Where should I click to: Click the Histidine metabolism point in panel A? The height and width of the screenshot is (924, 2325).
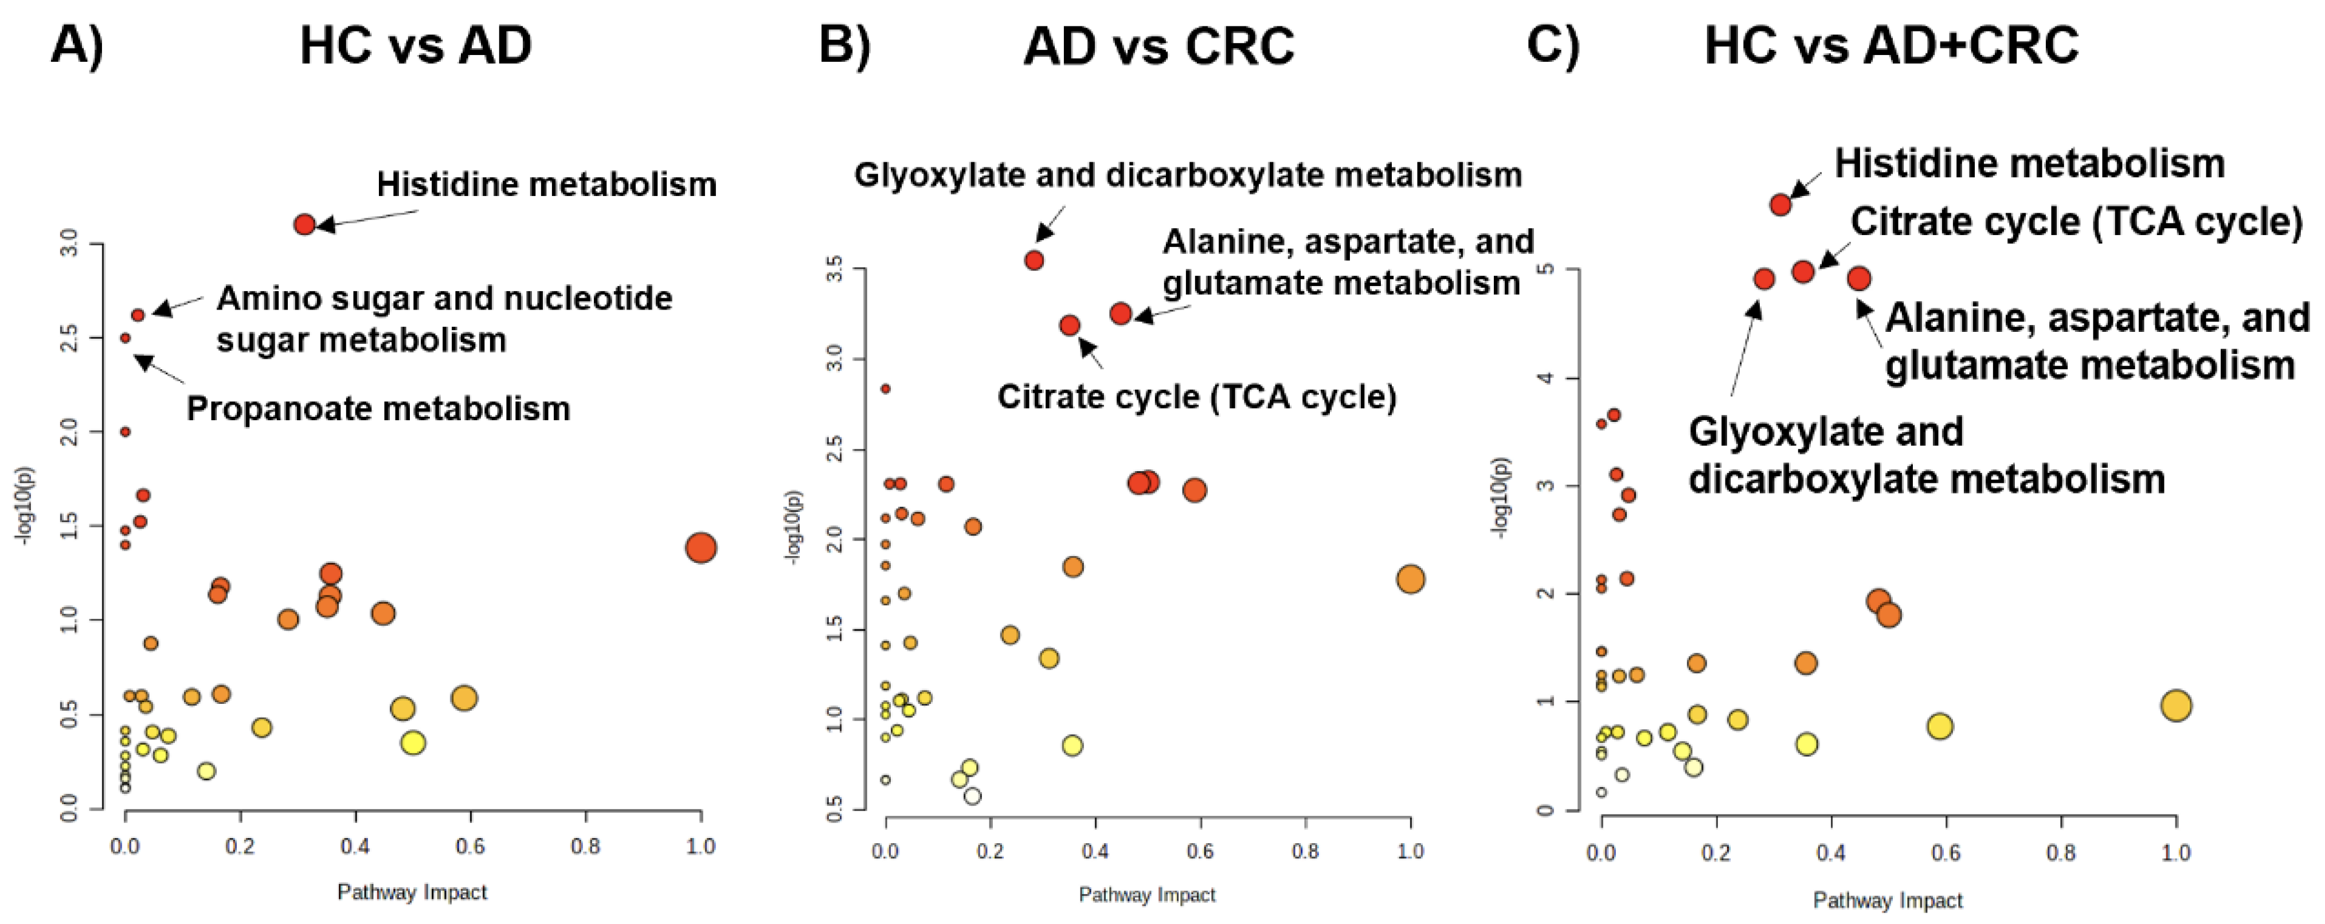point(304,224)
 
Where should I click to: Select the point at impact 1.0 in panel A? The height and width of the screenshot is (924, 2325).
point(700,548)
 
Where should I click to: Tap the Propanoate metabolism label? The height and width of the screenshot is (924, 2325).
point(378,409)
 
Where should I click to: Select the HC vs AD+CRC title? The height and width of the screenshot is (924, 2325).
point(1891,45)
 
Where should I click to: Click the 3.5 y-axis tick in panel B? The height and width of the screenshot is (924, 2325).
point(836,269)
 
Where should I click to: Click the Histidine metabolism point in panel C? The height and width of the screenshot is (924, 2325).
point(1780,205)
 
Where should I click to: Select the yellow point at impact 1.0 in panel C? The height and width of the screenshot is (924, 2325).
point(2176,706)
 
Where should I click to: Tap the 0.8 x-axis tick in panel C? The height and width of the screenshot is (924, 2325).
point(2061,853)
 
